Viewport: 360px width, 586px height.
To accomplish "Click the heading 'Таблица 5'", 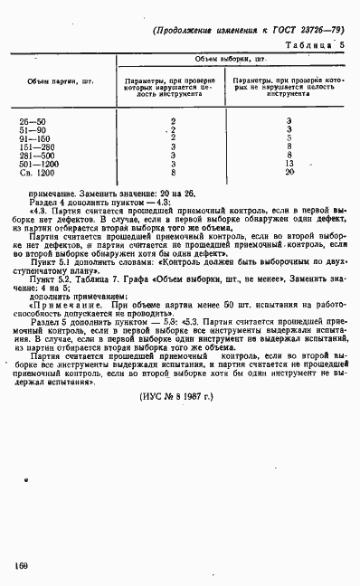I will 315,43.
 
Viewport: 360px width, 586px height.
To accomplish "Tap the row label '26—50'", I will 32,121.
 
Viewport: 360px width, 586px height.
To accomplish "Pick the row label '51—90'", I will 32,129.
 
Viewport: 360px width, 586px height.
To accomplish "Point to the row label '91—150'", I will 33,137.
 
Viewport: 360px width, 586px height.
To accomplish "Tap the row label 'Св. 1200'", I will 35,171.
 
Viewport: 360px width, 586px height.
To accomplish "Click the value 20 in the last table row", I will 289,171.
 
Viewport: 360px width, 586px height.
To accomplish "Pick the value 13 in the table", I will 289,163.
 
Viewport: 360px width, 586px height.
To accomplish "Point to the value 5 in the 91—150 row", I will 289,137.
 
